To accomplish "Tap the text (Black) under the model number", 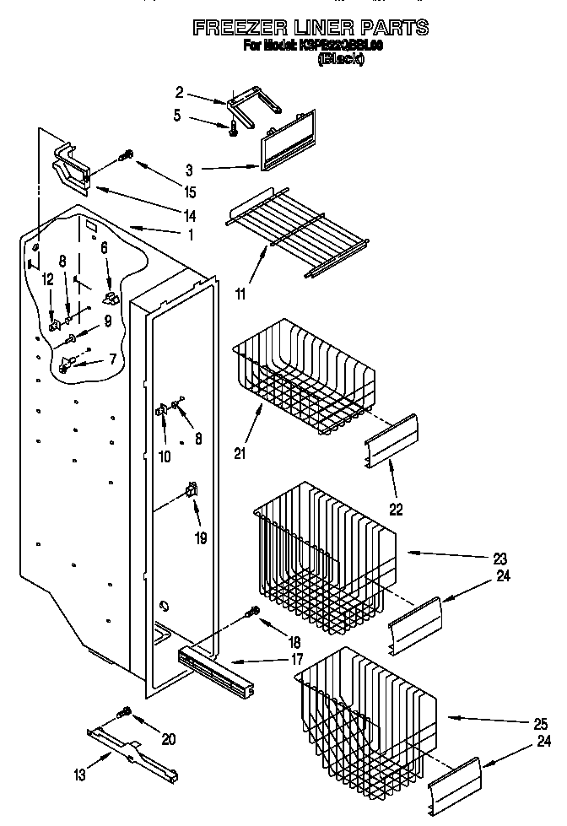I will point(340,60).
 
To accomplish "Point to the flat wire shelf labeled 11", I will point(300,236).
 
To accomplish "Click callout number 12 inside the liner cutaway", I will point(48,279).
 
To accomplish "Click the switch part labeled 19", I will point(192,489).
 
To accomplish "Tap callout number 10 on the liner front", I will point(165,456).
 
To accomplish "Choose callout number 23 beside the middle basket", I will point(499,558).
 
